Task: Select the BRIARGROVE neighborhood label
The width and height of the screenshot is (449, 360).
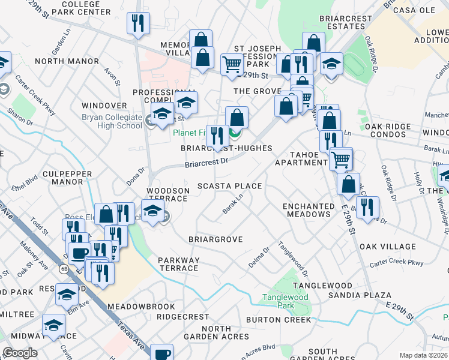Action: (215, 239)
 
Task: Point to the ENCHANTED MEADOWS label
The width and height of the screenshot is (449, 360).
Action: (309, 211)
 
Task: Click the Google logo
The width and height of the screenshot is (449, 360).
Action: (20, 353)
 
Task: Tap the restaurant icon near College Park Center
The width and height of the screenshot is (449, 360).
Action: (139, 23)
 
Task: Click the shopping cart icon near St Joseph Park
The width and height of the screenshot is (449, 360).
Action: (231, 64)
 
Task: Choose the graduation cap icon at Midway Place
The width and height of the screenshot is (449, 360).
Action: (54, 325)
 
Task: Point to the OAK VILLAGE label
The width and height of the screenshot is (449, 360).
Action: (387, 247)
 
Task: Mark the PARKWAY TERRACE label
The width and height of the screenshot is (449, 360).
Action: (178, 264)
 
